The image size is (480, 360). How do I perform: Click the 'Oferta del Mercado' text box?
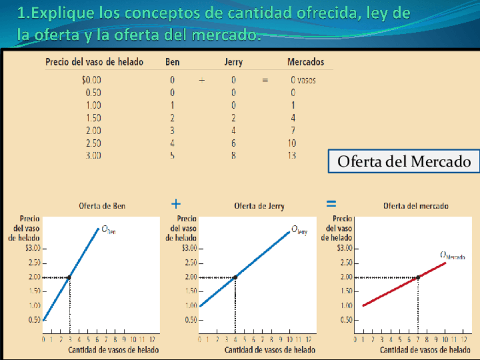pos(404,161)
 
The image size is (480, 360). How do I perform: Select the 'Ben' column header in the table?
pos(172,62)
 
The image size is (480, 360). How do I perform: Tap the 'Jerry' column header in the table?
pos(233,62)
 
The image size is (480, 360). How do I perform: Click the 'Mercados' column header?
pos(306,62)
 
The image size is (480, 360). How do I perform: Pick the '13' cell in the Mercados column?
pos(292,155)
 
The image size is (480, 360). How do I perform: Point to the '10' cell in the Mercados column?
pos(292,143)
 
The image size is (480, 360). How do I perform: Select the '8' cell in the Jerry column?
pos(233,155)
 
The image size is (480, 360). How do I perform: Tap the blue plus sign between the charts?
pos(176,203)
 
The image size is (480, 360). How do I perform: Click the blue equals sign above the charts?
pos(332,203)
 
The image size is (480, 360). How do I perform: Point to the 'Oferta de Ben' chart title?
pos(102,207)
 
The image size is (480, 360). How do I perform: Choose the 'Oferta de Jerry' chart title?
pos(259,207)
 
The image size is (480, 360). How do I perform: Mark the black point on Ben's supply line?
pos(69,277)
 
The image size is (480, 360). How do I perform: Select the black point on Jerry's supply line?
pos(235,277)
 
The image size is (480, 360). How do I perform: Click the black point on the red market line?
pos(418,277)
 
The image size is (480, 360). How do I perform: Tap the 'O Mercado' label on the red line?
pos(452,255)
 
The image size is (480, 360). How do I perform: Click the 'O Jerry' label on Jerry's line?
pos(299,230)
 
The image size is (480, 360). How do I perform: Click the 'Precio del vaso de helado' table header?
pos(95,62)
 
